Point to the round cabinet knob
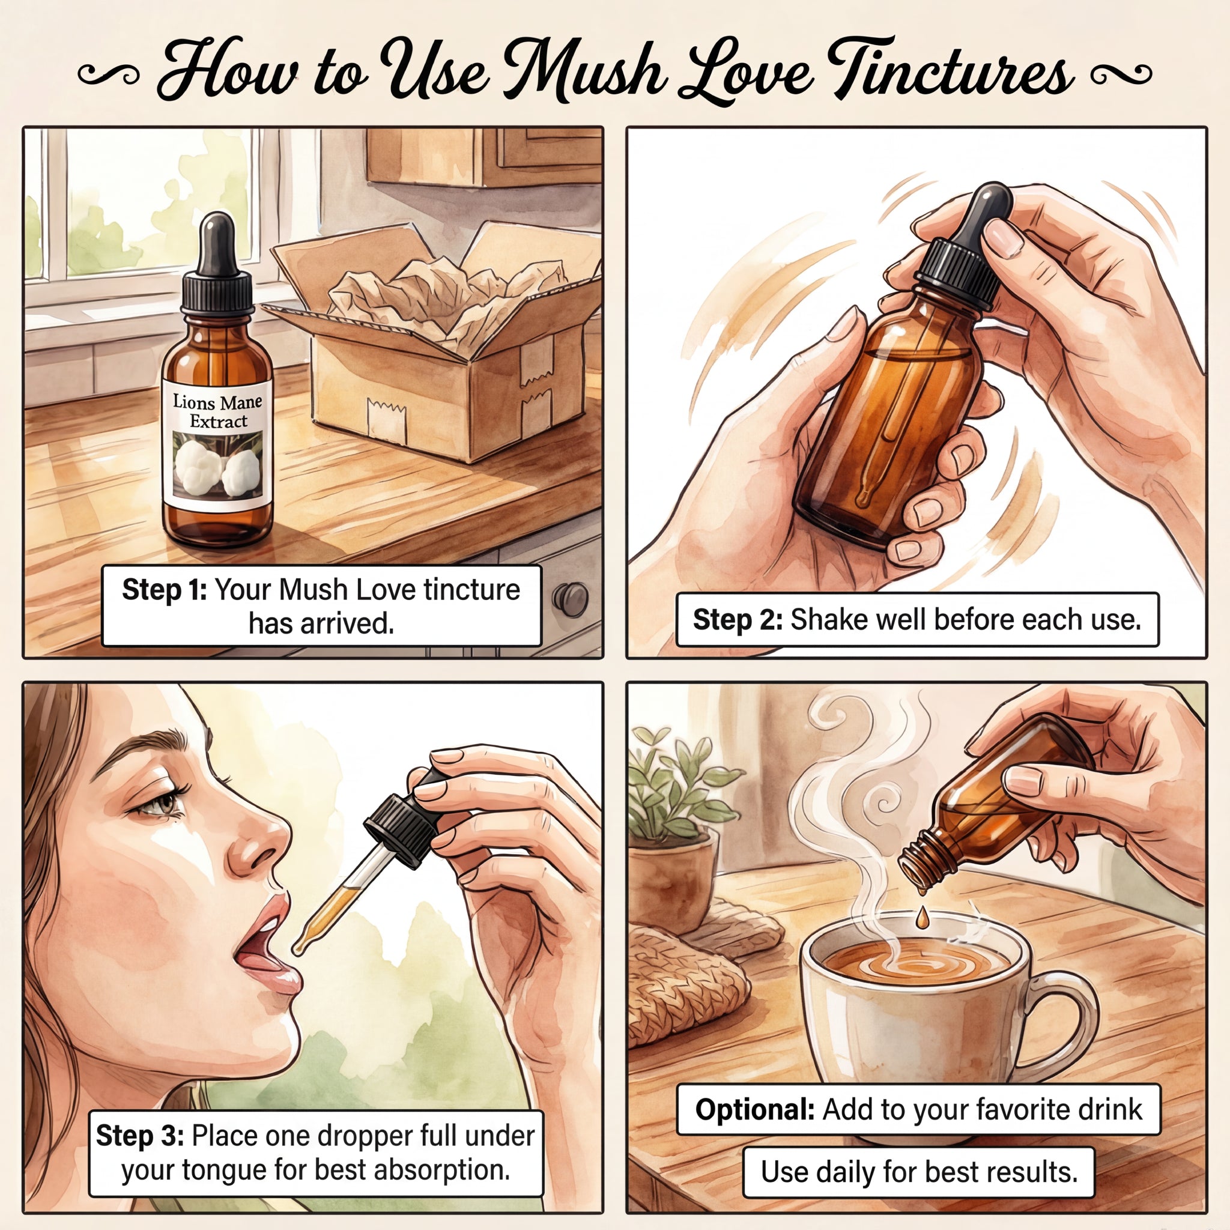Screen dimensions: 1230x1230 571,599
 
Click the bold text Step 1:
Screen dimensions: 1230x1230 164,590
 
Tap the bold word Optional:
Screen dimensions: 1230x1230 754,1109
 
